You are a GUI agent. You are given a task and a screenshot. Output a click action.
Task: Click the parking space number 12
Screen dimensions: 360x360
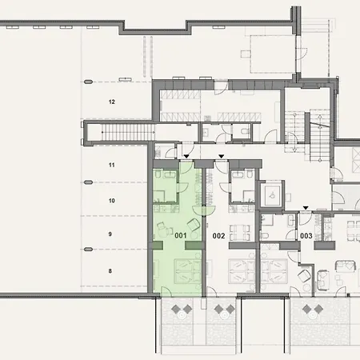112,102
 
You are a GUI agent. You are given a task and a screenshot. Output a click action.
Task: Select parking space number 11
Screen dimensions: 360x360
112,165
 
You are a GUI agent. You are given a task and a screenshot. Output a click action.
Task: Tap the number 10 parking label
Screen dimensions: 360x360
112,201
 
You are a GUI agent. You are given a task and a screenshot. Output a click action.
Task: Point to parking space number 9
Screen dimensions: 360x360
110,234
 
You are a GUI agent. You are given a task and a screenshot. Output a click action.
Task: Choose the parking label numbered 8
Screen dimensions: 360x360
110,271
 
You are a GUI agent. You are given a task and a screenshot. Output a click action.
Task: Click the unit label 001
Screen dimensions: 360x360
181,235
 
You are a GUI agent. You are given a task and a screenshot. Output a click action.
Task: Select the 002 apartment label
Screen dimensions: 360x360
218,236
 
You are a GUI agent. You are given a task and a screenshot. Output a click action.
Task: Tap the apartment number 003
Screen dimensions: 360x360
306,236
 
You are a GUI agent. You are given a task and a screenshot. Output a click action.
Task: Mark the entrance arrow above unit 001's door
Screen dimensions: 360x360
186,156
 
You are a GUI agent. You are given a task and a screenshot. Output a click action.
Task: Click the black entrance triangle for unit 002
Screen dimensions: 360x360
222,156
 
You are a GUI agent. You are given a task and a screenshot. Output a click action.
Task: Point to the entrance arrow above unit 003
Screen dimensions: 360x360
306,208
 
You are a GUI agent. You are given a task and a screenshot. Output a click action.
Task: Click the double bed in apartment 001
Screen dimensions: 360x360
188,271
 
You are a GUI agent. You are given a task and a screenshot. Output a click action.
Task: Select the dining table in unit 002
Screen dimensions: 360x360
240,232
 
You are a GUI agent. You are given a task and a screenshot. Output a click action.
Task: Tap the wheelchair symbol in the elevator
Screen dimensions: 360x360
272,195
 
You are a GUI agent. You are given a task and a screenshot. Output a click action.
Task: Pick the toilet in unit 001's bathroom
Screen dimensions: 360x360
158,174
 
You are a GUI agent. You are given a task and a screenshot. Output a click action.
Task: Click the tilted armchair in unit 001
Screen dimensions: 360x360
194,225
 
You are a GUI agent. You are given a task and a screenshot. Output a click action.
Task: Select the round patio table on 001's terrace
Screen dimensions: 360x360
182,315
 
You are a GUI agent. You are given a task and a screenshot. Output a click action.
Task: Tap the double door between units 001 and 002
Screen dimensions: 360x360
204,210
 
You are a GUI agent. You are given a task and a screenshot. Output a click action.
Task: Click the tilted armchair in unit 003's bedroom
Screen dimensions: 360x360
304,276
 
